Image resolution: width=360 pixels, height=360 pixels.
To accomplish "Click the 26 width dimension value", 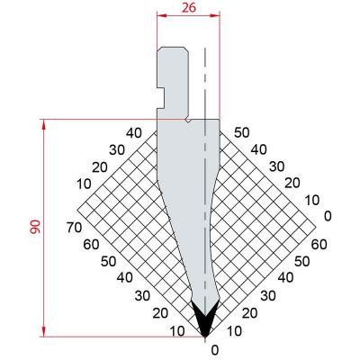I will [x=187, y=8].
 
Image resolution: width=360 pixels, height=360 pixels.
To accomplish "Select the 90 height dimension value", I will [x=34, y=228].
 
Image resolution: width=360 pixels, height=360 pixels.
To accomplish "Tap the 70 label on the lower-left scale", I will [x=76, y=228].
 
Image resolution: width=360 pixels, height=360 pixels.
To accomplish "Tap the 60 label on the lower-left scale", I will [x=91, y=244].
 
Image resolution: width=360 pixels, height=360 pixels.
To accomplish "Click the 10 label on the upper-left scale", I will [x=85, y=184].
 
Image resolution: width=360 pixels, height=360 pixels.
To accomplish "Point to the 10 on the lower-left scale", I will [x=178, y=330].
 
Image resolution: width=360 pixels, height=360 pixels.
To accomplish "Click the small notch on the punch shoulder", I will [x=186, y=117].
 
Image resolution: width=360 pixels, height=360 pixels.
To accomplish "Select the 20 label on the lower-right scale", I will [x=250, y=312].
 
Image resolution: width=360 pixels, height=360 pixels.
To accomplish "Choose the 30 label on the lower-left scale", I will [x=143, y=295].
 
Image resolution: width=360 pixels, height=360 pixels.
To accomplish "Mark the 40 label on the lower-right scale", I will [x=283, y=277].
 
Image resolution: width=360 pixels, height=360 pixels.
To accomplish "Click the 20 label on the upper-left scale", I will [x=101, y=167].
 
